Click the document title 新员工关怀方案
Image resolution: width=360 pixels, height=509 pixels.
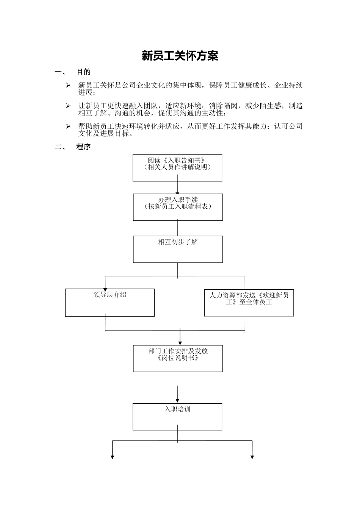pos(180,56)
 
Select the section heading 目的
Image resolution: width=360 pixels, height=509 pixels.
pos(84,72)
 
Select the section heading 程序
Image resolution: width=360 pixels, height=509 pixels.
pos(84,147)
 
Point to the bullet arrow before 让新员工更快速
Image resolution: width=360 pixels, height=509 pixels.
pos(68,106)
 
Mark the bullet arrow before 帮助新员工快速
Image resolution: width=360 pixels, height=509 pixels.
pos(68,126)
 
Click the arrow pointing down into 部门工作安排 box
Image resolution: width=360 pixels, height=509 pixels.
pos(180,341)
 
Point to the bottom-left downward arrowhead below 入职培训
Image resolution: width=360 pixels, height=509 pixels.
pos(113,457)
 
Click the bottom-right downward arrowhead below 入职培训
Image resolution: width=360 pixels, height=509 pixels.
pos(252,457)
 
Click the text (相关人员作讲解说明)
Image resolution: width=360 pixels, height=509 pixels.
pos(177,167)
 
